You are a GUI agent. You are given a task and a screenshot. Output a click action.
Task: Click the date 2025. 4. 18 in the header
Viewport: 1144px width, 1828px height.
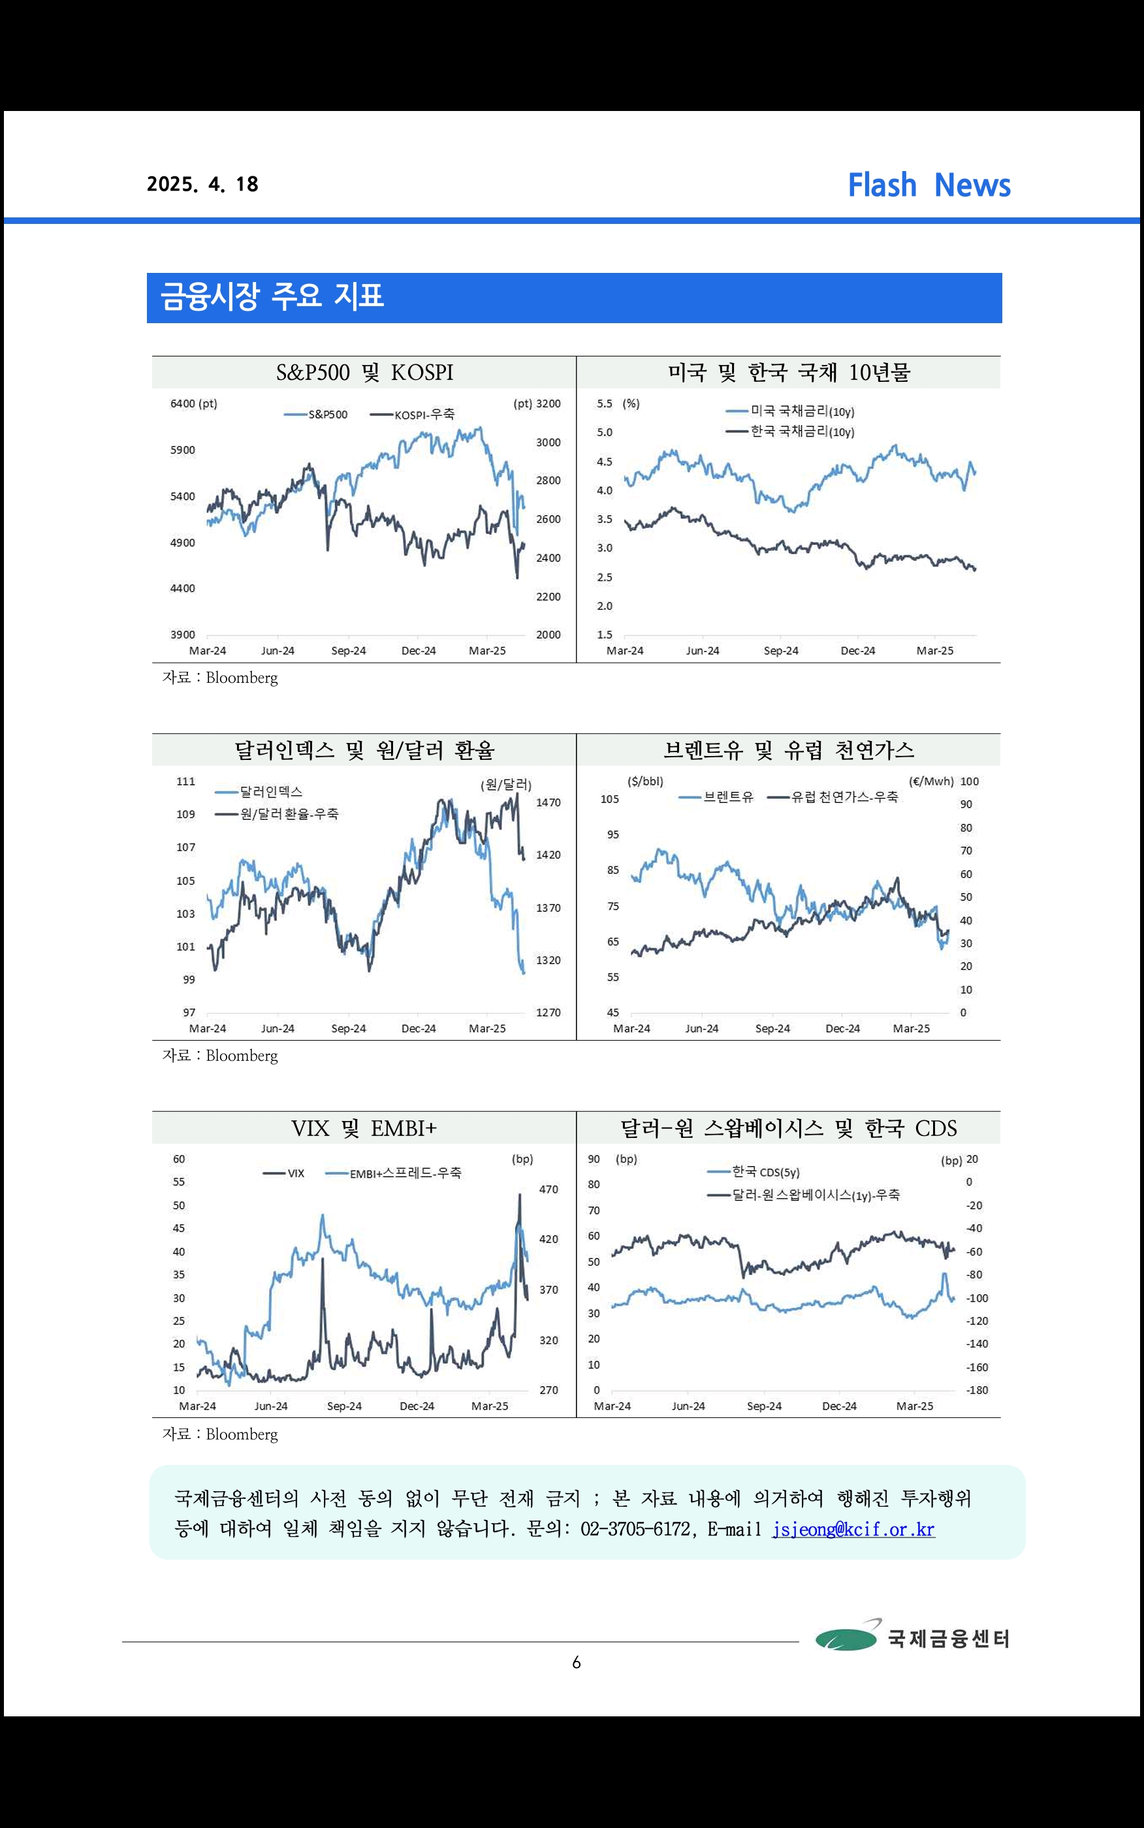tap(203, 185)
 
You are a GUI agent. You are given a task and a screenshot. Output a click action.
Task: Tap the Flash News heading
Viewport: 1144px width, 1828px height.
tap(929, 185)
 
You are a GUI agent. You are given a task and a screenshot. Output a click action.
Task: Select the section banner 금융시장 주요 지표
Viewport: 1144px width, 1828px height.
tap(574, 298)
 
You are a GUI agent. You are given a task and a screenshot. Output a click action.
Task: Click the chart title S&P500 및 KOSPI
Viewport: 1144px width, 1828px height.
tap(365, 372)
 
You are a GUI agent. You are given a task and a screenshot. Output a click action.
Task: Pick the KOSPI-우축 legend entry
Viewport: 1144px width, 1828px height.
tap(413, 415)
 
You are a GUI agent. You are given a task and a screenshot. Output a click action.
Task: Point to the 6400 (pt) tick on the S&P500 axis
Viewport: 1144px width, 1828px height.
tap(194, 404)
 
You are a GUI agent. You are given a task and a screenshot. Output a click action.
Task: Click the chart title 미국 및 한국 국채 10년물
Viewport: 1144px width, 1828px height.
tap(788, 372)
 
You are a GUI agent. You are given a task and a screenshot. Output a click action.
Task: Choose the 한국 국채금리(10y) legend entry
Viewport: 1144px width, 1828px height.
tap(790, 432)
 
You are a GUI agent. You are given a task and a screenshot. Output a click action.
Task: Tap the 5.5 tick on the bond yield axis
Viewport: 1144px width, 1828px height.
tap(605, 404)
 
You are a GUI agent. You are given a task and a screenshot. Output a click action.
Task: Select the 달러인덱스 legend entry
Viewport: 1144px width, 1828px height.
tap(259, 792)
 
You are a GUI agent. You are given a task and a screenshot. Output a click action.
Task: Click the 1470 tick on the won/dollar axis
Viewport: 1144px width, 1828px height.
tap(548, 802)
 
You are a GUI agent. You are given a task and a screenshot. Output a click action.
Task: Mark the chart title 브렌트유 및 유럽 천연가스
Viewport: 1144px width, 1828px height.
tap(788, 750)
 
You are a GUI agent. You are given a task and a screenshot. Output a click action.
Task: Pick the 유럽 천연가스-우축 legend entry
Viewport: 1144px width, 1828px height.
tap(833, 797)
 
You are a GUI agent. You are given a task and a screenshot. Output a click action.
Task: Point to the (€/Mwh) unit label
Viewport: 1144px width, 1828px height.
tap(931, 781)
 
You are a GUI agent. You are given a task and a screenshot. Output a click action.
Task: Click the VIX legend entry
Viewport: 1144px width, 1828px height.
tap(284, 1173)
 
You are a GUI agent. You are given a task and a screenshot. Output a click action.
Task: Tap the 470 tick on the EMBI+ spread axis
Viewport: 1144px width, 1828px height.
tap(548, 1190)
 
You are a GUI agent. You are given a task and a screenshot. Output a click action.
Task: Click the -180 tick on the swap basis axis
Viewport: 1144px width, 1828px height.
tap(977, 1390)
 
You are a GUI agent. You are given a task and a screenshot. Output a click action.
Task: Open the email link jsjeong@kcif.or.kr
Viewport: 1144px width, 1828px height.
tap(853, 1528)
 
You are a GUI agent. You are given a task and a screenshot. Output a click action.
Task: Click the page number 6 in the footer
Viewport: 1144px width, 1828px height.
tap(577, 1662)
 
